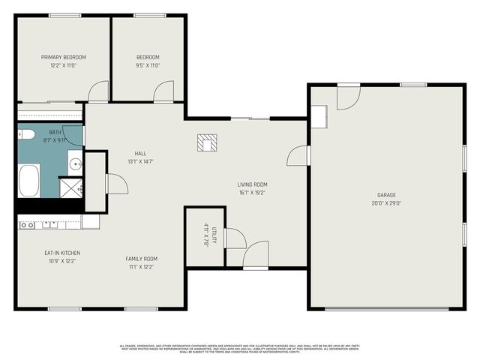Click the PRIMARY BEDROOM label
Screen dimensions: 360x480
pyautogui.click(x=63, y=57)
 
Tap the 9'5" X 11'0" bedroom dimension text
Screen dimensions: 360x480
pyautogui.click(x=148, y=65)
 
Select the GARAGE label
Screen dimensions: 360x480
pyautogui.click(x=386, y=194)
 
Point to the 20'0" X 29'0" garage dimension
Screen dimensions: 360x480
pyautogui.click(x=386, y=202)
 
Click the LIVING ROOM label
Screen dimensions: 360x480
pyautogui.click(x=252, y=184)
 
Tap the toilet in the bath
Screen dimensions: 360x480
pyautogui.click(x=26, y=135)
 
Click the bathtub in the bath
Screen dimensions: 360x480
pyautogui.click(x=28, y=180)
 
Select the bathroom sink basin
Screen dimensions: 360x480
pyautogui.click(x=75, y=163)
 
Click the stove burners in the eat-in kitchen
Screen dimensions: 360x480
pyautogui.click(x=27, y=224)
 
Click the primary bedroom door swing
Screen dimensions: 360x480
pyautogui.click(x=98, y=93)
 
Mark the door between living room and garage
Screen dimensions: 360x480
pyautogui.click(x=299, y=155)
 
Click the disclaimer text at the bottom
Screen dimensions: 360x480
pyautogui.click(x=240, y=348)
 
